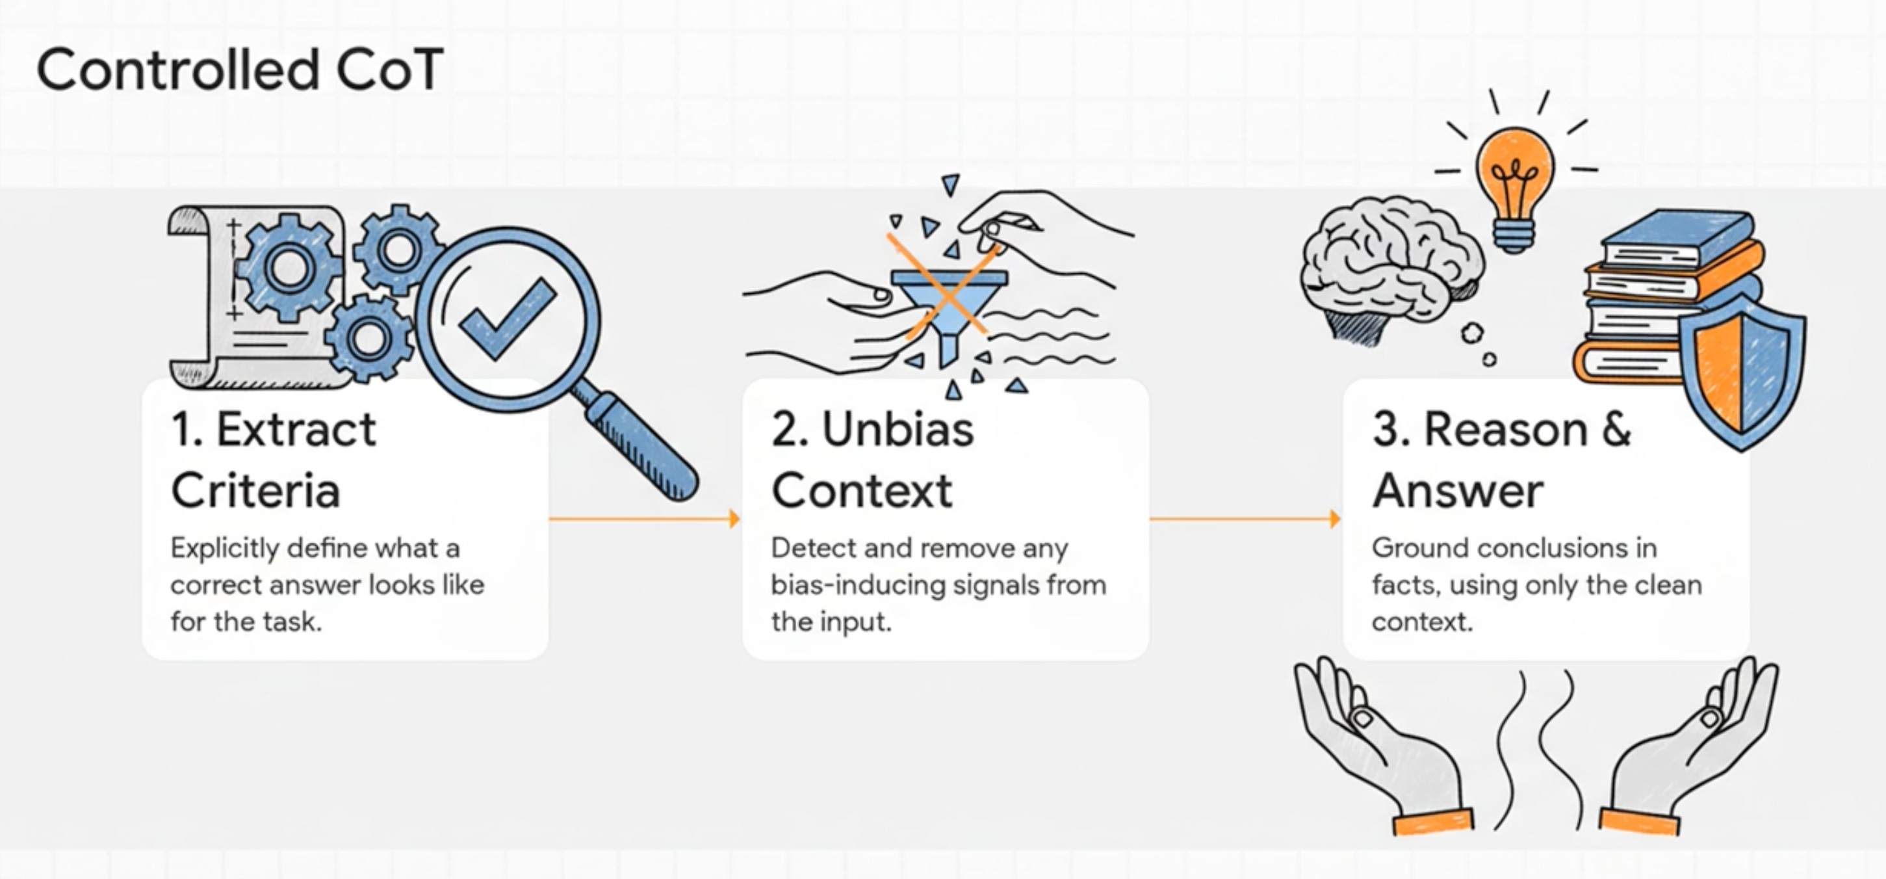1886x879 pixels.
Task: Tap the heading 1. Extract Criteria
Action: [x=273, y=459]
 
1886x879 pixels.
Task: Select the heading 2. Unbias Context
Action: [x=872, y=459]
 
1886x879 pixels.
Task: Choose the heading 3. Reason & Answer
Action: [x=1501, y=459]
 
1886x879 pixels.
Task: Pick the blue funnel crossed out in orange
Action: [x=949, y=300]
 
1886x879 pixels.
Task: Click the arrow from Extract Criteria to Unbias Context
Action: [x=644, y=519]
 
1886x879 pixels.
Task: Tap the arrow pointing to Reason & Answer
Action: [x=1245, y=519]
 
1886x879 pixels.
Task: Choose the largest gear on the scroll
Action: [x=288, y=267]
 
